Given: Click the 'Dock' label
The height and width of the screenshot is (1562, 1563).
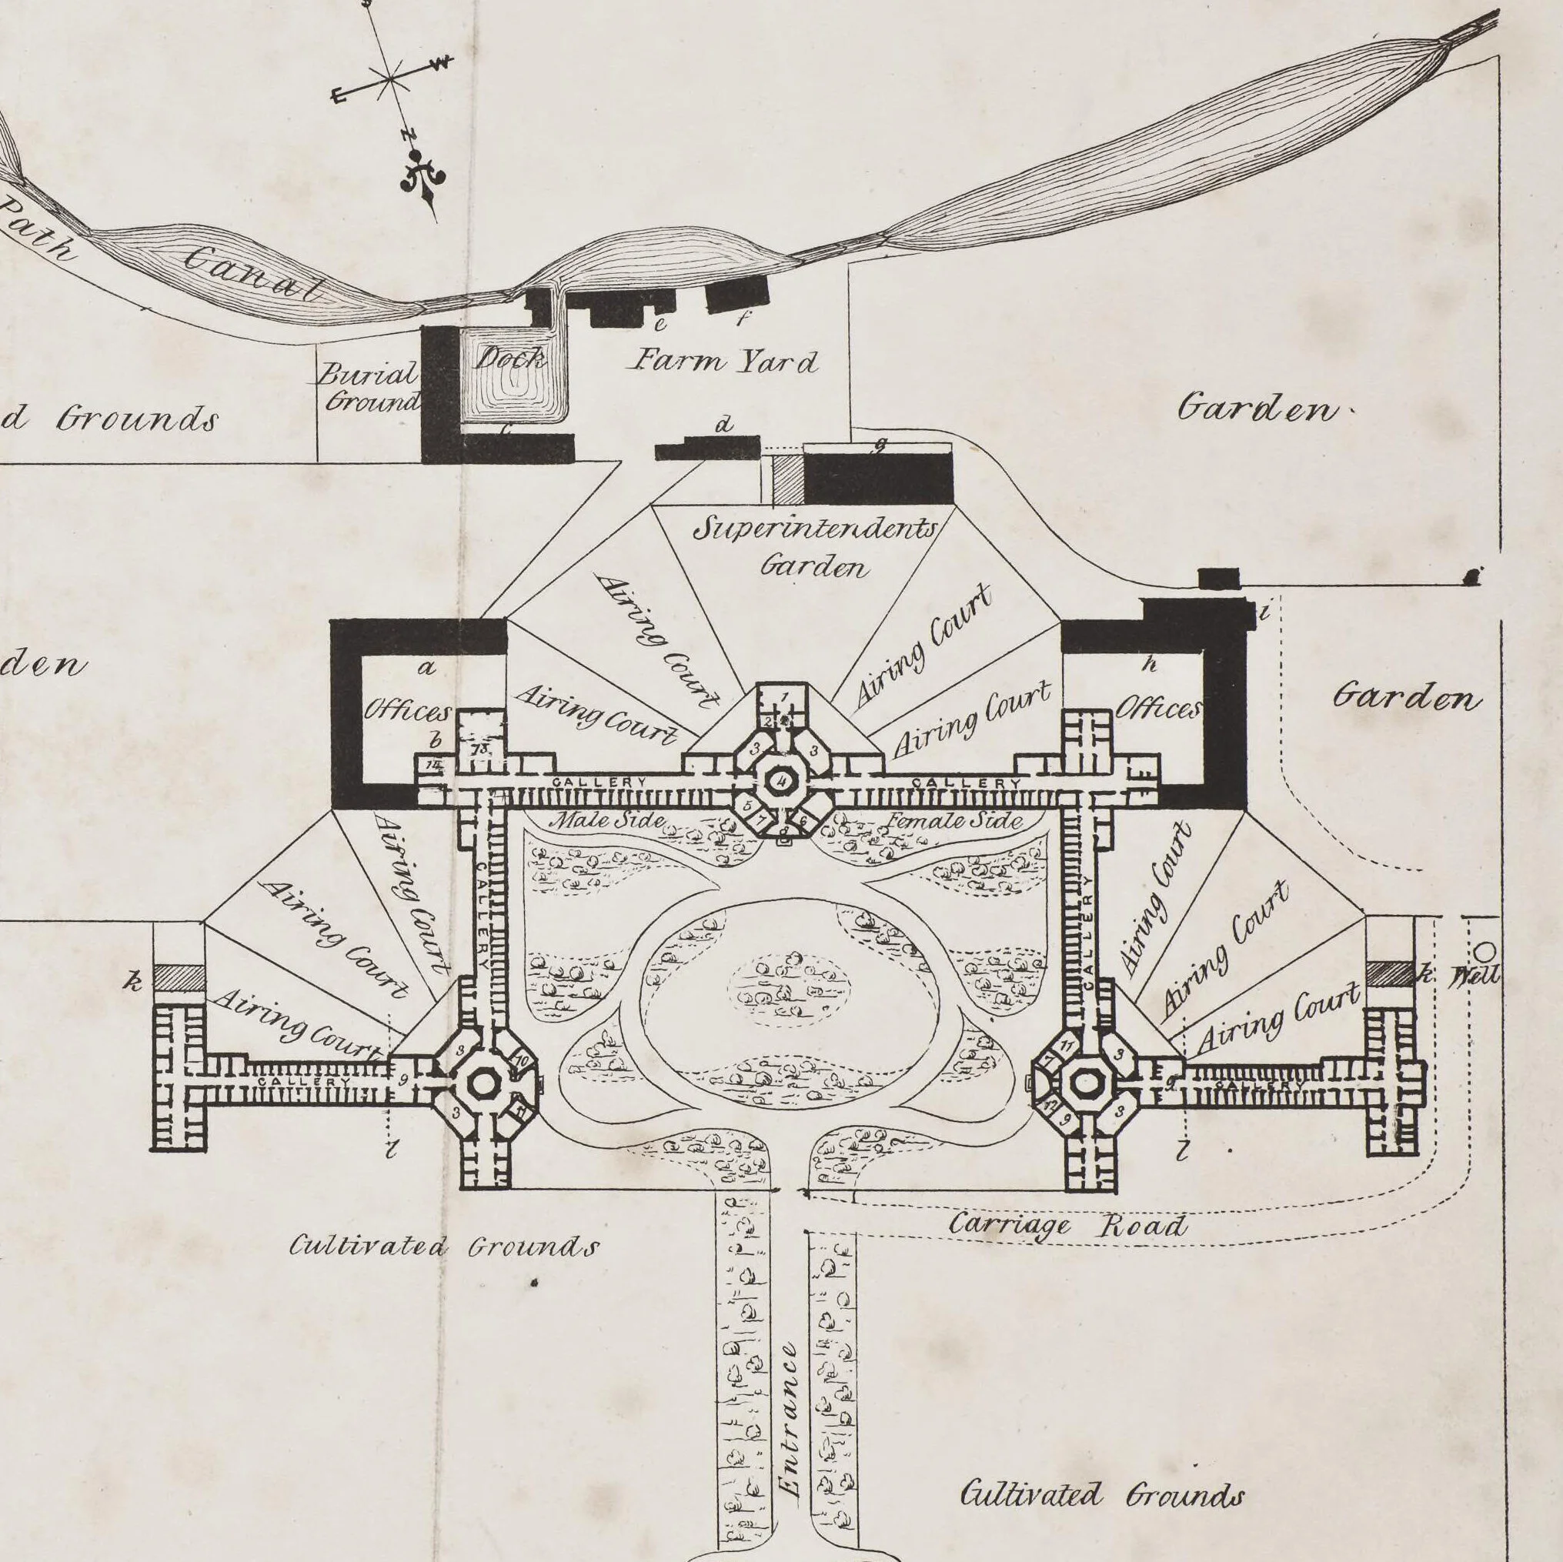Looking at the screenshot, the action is click(x=509, y=359).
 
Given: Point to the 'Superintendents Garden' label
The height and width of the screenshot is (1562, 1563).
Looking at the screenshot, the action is click(x=816, y=547).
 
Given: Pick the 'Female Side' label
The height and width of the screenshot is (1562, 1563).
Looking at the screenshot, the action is click(x=954, y=820).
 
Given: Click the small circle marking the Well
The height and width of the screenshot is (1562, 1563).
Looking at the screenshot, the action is click(x=1486, y=950).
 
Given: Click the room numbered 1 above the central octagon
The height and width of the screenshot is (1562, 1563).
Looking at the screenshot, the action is click(x=783, y=696).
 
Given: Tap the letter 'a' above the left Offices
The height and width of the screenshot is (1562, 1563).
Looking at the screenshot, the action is click(x=426, y=667).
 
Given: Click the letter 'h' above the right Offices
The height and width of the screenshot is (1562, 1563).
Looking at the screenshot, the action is click(x=1149, y=665).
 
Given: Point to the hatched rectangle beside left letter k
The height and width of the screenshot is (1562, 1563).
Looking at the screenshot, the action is click(x=179, y=977).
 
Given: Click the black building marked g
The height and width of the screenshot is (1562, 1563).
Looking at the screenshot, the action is click(x=878, y=478).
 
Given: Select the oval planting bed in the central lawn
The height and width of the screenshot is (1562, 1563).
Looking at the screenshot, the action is click(x=790, y=988).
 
